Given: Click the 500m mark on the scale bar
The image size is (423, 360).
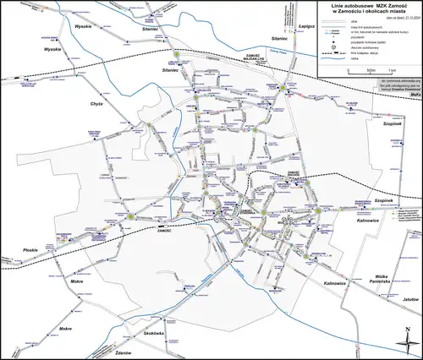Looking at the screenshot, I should click(360, 69).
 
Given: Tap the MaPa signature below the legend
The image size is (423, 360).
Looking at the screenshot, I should click(415, 94).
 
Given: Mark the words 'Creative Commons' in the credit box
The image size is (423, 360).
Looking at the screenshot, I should click(396, 87).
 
